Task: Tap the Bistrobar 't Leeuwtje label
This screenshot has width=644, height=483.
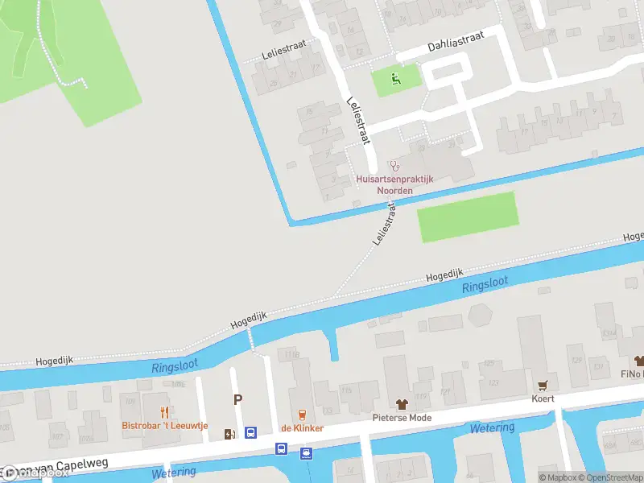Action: [x=164, y=426]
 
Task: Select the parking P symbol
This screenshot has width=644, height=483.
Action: [x=237, y=399]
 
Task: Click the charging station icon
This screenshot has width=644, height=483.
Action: [x=230, y=435]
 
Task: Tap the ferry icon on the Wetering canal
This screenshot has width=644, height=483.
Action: [x=306, y=453]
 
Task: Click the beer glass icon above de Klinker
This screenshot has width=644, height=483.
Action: [x=302, y=415]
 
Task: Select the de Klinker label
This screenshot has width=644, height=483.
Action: [x=302, y=428]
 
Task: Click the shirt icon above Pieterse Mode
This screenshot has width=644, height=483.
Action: [x=402, y=404]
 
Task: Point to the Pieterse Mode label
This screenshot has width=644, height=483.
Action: [x=402, y=418]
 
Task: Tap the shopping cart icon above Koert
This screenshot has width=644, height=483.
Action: [x=542, y=385]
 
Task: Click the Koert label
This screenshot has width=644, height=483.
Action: [x=542, y=398]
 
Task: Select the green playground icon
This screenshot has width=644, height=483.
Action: [x=394, y=78]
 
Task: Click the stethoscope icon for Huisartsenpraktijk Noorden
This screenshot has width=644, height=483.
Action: [x=394, y=165]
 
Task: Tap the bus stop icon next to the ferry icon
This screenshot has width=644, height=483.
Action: [x=282, y=448]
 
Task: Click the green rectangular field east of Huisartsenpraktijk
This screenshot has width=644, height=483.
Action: [x=467, y=217]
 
